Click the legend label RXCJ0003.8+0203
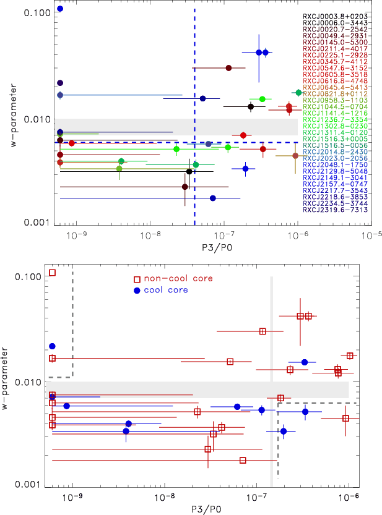click(337, 14)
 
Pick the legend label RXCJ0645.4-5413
click(337, 87)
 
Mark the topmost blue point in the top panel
click(60, 9)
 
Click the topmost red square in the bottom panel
click(53, 273)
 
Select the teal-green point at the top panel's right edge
click(298, 93)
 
